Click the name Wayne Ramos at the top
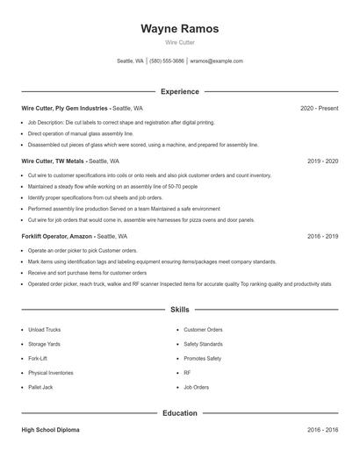[179, 29]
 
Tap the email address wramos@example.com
[216, 61]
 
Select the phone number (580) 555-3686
[167, 61]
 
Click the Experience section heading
[179, 91]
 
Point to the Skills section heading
[179, 310]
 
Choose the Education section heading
[179, 412]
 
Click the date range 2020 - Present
[319, 108]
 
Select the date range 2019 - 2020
[322, 161]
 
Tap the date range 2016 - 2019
[322, 236]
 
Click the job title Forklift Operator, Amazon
[57, 236]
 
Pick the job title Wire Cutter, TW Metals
[54, 161]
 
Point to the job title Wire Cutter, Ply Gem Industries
[65, 108]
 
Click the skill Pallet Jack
[40, 387]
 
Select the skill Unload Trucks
[44, 330]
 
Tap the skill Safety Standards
[203, 344]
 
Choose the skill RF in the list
[187, 373]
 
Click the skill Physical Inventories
[50, 373]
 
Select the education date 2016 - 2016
[322, 430]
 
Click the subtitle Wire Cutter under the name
[179, 42]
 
